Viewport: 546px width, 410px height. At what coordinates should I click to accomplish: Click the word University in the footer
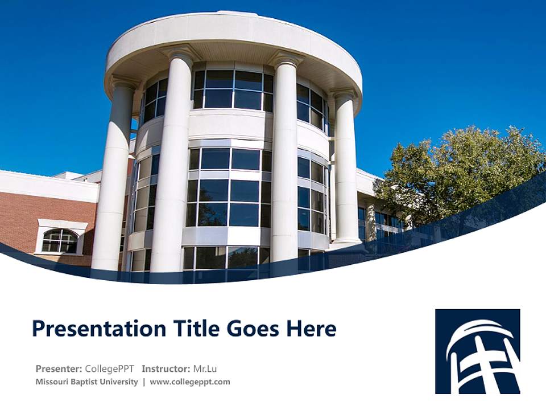(x=120, y=382)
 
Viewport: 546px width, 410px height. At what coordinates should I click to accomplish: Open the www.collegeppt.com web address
(x=190, y=382)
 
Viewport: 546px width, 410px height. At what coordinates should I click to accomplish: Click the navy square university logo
(x=477, y=351)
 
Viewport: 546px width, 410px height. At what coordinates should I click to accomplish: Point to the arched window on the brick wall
(x=59, y=241)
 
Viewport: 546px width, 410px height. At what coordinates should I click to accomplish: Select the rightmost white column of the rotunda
(x=346, y=171)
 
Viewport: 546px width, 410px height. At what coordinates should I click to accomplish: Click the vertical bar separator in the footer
(x=144, y=382)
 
